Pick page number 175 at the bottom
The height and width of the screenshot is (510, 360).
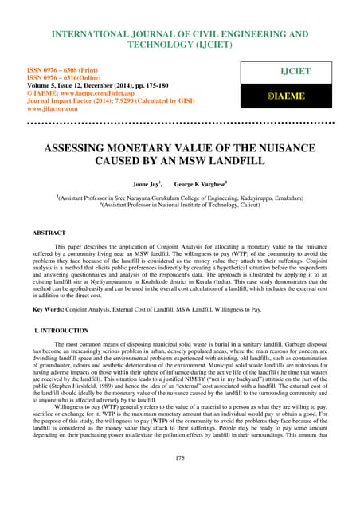[x=180, y=481]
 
